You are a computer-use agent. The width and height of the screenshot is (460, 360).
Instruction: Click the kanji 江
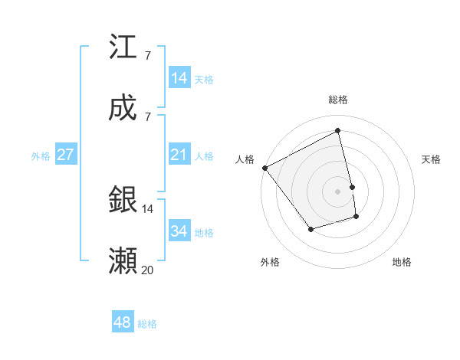pos(123,48)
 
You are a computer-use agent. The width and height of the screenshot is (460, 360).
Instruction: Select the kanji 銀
pos(123,200)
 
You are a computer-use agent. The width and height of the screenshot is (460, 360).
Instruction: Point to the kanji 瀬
pos(123,261)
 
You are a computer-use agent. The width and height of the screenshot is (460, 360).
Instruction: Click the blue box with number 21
pos(179,155)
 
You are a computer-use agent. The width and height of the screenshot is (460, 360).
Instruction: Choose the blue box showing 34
pos(179,231)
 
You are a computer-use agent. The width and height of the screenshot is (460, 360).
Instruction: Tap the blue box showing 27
pos(65,155)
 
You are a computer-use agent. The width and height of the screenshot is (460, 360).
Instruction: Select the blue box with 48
pos(123,322)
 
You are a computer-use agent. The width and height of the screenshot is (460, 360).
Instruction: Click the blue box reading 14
pos(179,78)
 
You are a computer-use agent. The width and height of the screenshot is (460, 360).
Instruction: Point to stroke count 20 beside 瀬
pos(147,270)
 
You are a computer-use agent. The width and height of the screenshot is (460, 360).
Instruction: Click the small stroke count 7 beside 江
pos(147,55)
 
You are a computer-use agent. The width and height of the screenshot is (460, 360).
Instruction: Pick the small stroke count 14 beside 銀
pos(147,208)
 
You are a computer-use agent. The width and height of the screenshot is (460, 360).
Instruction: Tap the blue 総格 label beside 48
pos(147,324)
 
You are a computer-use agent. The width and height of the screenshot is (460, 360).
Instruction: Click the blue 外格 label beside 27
pos(41,156)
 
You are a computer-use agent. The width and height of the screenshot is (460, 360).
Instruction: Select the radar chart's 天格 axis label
pos(431,159)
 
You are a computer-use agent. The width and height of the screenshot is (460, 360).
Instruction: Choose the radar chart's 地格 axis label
pos(402,262)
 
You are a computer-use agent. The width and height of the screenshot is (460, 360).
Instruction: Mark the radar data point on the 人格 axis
pos(264,168)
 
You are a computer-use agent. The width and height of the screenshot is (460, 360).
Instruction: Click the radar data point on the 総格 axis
pos(338,131)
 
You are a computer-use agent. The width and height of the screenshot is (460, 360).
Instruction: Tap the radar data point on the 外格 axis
pos(310,229)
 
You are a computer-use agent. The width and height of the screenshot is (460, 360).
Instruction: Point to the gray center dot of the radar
pos(338,191)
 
